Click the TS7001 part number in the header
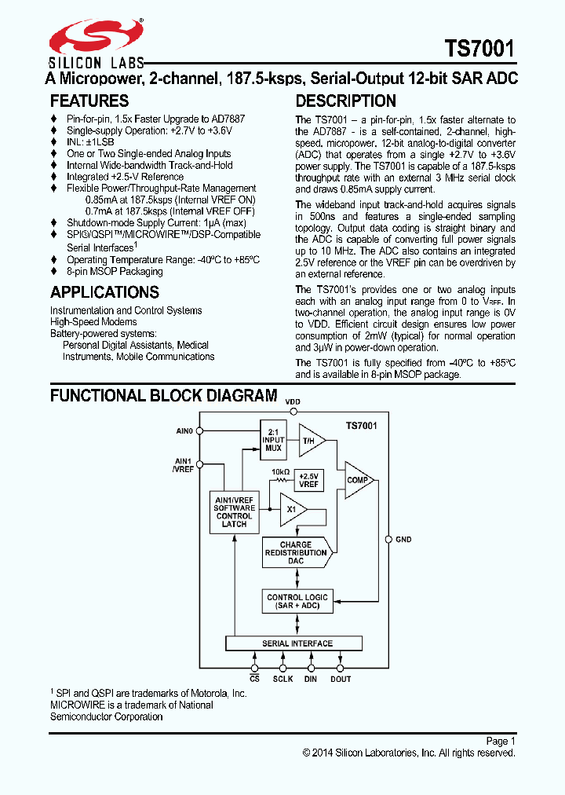click(479, 49)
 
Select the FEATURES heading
click(89, 101)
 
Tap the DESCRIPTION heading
click(345, 101)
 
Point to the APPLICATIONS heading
click(104, 292)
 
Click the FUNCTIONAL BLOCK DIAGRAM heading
click(163, 395)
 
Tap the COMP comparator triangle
click(358, 479)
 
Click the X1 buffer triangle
click(292, 509)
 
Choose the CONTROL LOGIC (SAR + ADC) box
click(297, 602)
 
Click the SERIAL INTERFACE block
click(297, 643)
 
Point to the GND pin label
click(403, 540)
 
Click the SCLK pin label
click(282, 679)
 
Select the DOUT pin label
click(341, 679)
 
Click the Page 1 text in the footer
click(500, 741)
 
